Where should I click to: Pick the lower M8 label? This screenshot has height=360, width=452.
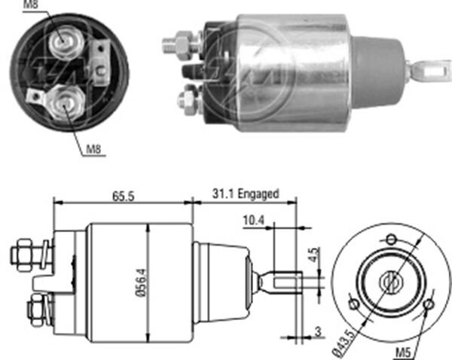point(93,149)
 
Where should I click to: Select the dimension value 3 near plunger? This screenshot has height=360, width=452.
point(319,332)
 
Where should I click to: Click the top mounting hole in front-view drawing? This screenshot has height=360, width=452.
point(390,239)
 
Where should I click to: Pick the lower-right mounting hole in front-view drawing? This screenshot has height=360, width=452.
point(427,305)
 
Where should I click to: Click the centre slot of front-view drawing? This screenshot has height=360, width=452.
point(391,282)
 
